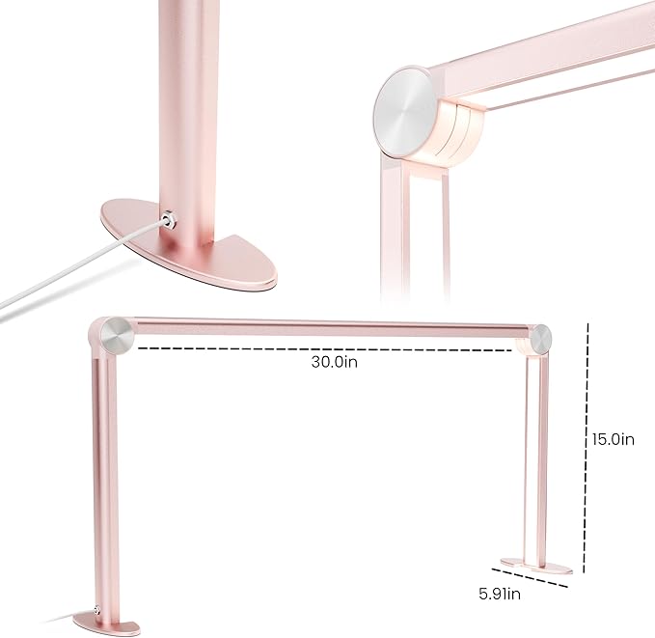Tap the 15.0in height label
pos(613,439)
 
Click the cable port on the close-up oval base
pos(172,220)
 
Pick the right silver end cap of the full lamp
pos(540,340)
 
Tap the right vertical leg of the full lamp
pos(533,454)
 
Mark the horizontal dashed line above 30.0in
pos(328,347)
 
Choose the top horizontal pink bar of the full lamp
pos(328,325)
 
